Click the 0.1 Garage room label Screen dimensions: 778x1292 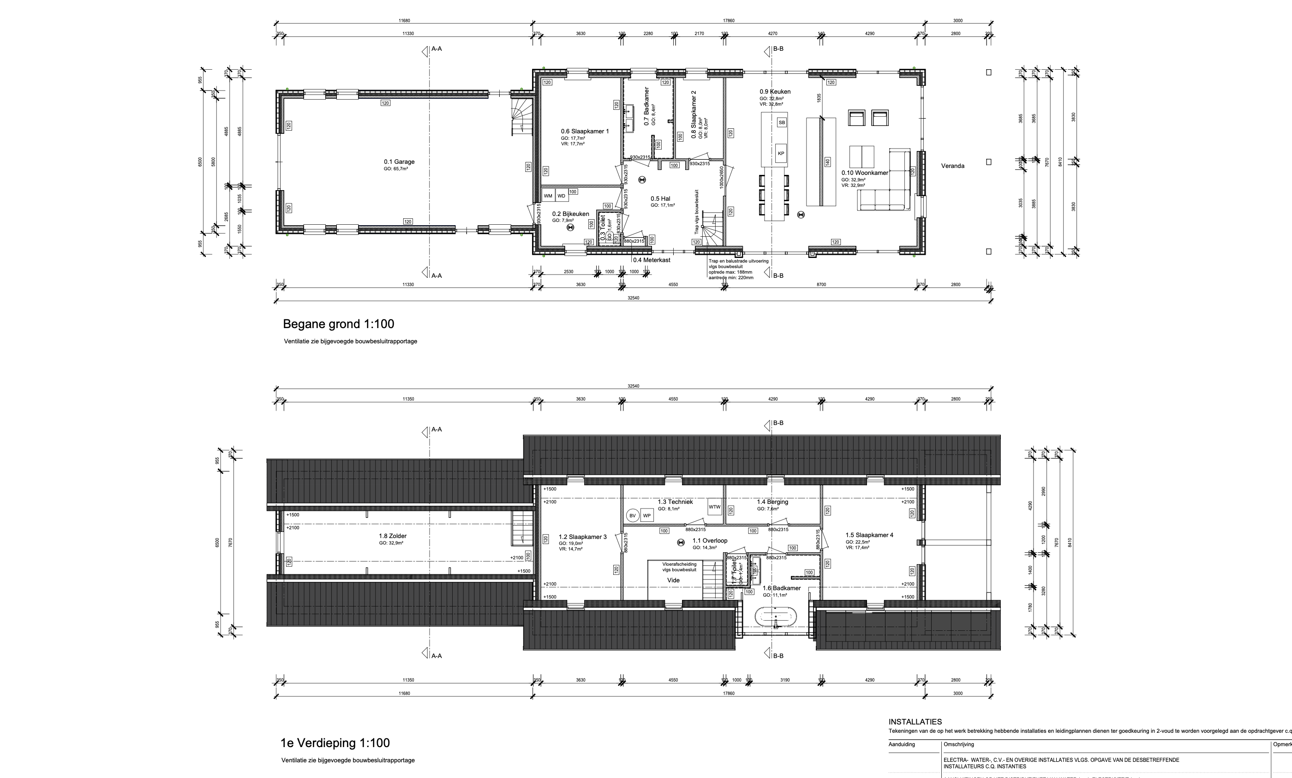[x=399, y=162]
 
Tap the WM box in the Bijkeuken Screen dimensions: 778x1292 [x=548, y=196]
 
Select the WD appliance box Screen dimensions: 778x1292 [x=562, y=196]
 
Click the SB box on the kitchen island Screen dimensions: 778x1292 [x=782, y=123]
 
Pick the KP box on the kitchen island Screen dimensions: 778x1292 [x=781, y=154]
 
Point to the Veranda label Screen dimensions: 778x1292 [x=952, y=166]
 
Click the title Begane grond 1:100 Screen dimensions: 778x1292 [x=338, y=324]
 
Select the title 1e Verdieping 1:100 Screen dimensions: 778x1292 [x=335, y=743]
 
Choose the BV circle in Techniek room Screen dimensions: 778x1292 [x=632, y=516]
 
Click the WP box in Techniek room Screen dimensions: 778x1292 [x=647, y=516]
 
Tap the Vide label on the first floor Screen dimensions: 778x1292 [x=673, y=581]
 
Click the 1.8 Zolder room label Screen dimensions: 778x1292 [x=393, y=536]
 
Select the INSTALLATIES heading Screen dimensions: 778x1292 [x=915, y=722]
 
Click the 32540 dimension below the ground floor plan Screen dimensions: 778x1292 [x=633, y=298]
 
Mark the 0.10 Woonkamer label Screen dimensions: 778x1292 [x=865, y=173]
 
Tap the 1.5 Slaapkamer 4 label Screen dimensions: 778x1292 [x=869, y=535]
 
